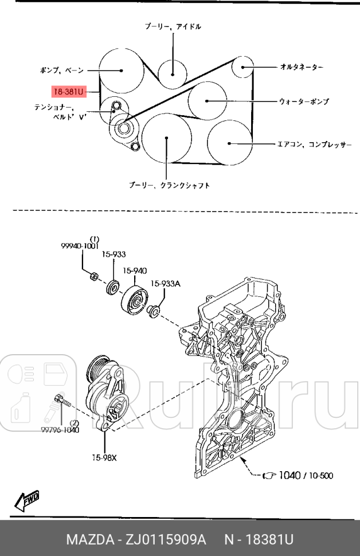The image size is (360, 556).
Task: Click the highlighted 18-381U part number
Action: tap(68, 91)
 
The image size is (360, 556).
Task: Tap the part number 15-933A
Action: tap(165, 283)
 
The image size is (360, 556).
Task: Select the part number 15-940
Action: tap(135, 271)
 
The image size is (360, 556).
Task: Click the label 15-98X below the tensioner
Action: tap(104, 457)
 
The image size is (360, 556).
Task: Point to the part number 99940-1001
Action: tap(80, 245)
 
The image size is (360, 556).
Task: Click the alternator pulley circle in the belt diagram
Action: tap(244, 67)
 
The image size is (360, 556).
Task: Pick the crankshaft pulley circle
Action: tap(167, 138)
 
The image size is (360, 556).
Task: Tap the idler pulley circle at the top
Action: tap(173, 72)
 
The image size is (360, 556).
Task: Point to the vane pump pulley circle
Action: tap(121, 71)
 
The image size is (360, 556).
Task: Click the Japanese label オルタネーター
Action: tap(302, 67)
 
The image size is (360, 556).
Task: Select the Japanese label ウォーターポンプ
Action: tap(304, 101)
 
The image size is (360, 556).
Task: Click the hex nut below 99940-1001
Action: tap(94, 277)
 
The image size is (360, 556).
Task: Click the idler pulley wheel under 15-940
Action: tap(135, 300)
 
